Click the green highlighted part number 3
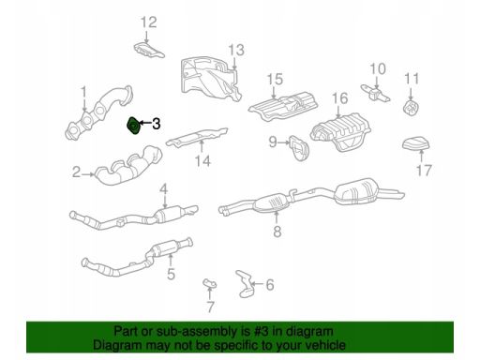click(x=133, y=127)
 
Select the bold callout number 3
click(x=157, y=124)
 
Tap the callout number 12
click(x=148, y=22)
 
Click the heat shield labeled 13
click(x=210, y=78)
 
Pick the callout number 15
click(x=275, y=80)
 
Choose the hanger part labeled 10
click(x=375, y=93)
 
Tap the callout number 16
click(x=339, y=98)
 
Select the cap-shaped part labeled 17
click(x=415, y=143)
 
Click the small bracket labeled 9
click(x=298, y=147)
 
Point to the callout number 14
click(x=202, y=161)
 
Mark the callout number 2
click(x=76, y=172)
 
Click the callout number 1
click(x=83, y=93)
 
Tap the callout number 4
click(x=164, y=189)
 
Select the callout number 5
click(x=171, y=274)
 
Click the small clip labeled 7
click(x=210, y=283)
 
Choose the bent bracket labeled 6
click(x=245, y=283)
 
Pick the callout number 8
click(x=277, y=232)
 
